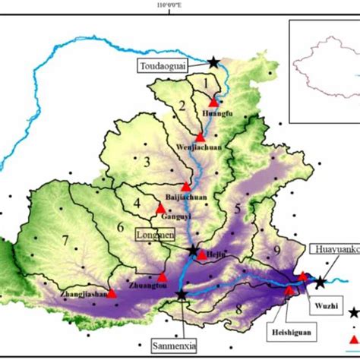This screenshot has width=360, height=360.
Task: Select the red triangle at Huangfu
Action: pyautogui.click(x=213, y=100)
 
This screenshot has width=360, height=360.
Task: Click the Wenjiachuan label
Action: pyautogui.click(x=201, y=150)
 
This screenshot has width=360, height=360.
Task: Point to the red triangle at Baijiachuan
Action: pyautogui.click(x=186, y=186)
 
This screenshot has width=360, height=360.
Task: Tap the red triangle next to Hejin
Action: pyautogui.click(x=201, y=255)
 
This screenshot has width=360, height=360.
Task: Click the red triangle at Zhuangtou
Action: pyautogui.click(x=162, y=278)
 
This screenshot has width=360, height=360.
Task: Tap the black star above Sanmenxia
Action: pyautogui.click(x=182, y=295)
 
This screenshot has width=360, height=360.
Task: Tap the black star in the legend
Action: pyautogui.click(x=353, y=312)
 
